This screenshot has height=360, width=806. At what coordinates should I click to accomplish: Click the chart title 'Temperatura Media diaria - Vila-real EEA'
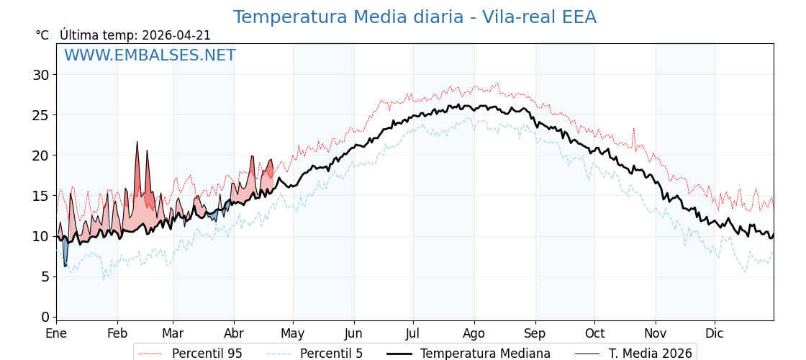pos(415,17)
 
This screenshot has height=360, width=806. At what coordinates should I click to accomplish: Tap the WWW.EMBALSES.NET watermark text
pos(150,55)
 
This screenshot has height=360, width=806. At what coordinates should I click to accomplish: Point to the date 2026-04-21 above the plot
pos(176,35)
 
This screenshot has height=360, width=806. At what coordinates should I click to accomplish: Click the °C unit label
pos(42,35)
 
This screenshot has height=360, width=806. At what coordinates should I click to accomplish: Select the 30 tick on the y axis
pos(41,75)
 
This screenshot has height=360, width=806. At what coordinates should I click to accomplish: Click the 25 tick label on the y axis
pos(41,115)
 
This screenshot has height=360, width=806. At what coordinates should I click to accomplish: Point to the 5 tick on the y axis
pos(45,276)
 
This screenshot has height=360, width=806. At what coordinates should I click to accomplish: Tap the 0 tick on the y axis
pos(45,317)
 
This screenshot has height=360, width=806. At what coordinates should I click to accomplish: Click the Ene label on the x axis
pos(56,333)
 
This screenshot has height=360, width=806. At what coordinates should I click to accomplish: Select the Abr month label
pos(234,333)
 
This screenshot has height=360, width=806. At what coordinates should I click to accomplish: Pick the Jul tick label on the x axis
pos(413,333)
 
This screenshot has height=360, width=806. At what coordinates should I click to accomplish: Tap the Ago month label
pos(474,333)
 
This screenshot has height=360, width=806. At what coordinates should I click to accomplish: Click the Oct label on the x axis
pos(594,333)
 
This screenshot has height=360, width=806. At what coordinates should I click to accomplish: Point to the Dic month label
pos(715,333)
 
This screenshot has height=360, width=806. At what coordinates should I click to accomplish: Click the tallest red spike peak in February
pos(137,142)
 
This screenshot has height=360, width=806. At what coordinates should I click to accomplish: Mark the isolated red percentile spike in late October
pos(633,129)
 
